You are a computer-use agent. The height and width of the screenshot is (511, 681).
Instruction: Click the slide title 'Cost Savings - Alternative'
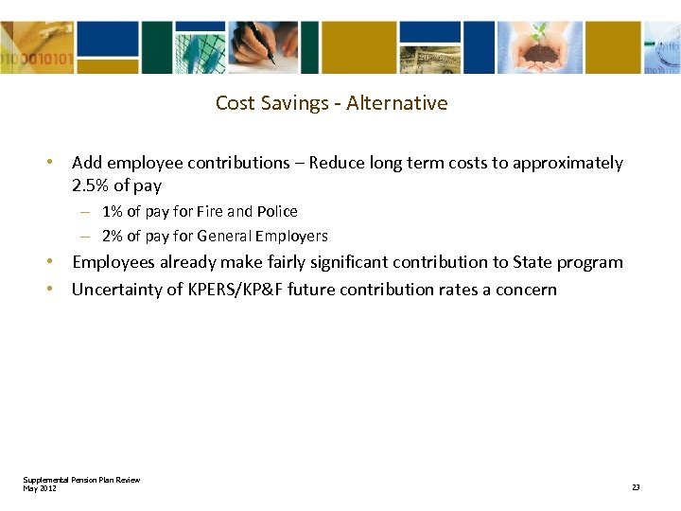tap(331, 102)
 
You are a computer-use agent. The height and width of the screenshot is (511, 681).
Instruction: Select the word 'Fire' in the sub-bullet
tap(211, 211)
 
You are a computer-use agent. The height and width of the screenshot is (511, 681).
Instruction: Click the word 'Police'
tap(277, 211)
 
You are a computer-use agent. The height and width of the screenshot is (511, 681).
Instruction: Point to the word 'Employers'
tap(293, 236)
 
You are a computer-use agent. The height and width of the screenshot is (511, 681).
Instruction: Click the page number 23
tap(636, 486)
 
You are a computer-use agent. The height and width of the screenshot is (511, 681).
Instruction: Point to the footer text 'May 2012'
tap(40, 487)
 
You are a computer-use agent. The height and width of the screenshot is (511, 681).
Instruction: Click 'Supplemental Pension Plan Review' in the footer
tap(81, 480)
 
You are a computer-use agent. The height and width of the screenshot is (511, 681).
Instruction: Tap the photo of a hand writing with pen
tap(259, 46)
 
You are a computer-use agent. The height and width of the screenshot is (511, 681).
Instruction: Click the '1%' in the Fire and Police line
tap(112, 211)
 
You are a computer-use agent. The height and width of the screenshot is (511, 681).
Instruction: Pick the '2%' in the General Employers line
tap(112, 236)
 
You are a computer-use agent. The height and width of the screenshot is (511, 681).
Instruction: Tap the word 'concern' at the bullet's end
tap(526, 289)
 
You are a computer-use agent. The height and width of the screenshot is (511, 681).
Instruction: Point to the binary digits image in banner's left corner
tap(34, 46)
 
